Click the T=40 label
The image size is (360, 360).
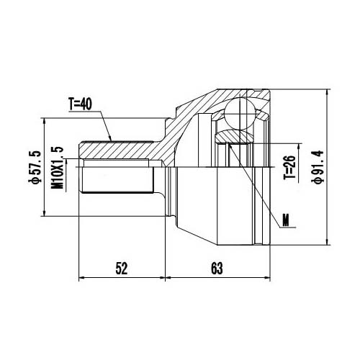click(84, 104)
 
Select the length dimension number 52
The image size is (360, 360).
click(121, 268)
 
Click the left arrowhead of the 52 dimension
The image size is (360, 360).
click(81, 278)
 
